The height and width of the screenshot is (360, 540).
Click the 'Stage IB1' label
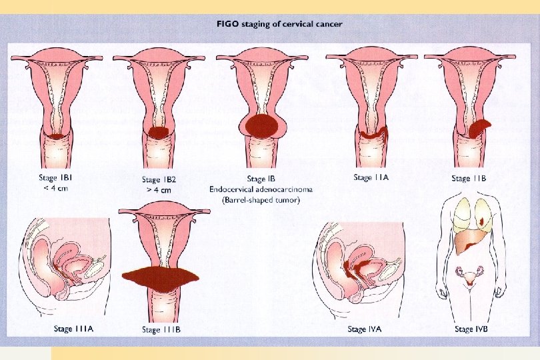[x=53, y=178]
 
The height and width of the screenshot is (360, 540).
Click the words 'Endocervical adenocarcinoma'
[x=264, y=189]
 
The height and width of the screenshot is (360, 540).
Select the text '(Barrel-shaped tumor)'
[x=264, y=199]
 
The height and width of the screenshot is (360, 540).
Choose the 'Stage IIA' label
[x=371, y=177]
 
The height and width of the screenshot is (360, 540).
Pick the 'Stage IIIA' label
[x=73, y=329]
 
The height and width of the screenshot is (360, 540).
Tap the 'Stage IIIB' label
[x=160, y=329]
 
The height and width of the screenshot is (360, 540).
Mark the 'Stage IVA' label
[x=365, y=329]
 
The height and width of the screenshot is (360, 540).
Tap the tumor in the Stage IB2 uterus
[x=158, y=133]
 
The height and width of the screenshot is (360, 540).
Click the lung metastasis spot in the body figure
[x=481, y=218]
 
